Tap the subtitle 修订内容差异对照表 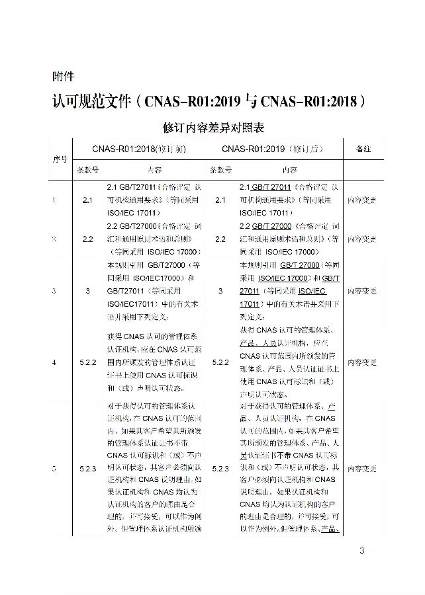[x=212, y=126]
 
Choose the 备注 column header [x=363, y=149]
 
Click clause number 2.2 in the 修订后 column [x=220, y=239]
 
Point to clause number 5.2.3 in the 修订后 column [x=220, y=469]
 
